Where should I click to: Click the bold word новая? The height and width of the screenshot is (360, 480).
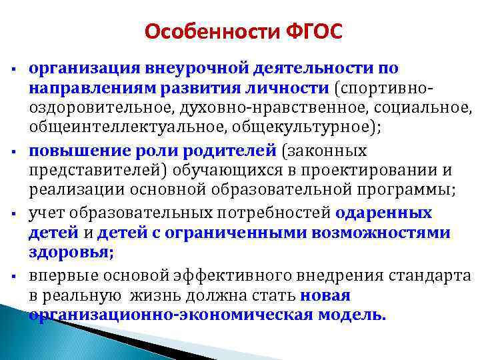coord(325,296)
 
